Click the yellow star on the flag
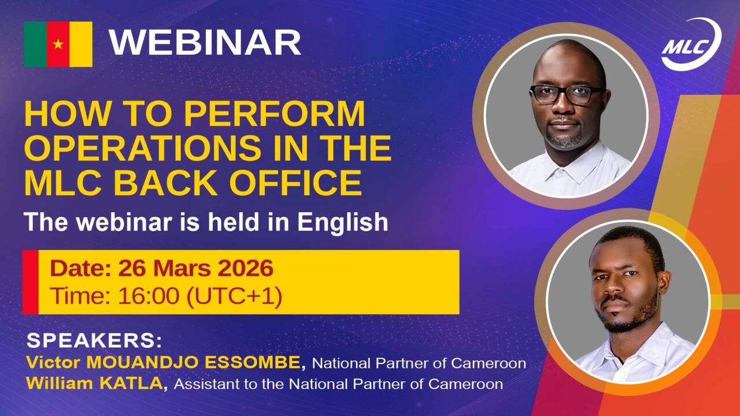(x=58, y=43)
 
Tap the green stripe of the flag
(x=35, y=44)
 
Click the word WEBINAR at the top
(x=205, y=43)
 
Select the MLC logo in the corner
(x=691, y=44)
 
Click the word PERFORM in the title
(x=274, y=114)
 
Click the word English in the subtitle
(x=343, y=222)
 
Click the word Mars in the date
(x=182, y=268)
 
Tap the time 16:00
(x=149, y=296)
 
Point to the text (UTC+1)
(x=234, y=296)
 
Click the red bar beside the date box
(x=31, y=282)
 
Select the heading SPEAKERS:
(x=94, y=341)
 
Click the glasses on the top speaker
(x=567, y=94)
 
